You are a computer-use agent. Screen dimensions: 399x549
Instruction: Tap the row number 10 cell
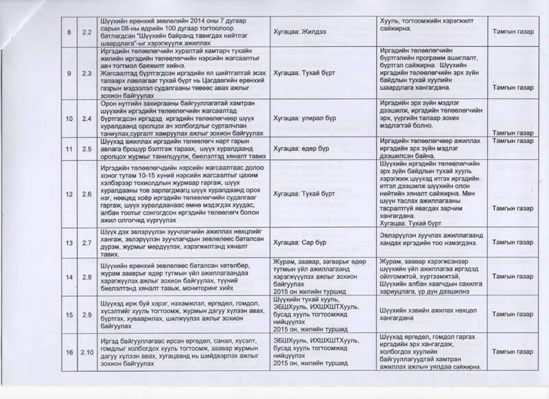(x=68, y=119)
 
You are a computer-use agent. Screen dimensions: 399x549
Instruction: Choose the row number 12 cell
(x=68, y=194)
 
